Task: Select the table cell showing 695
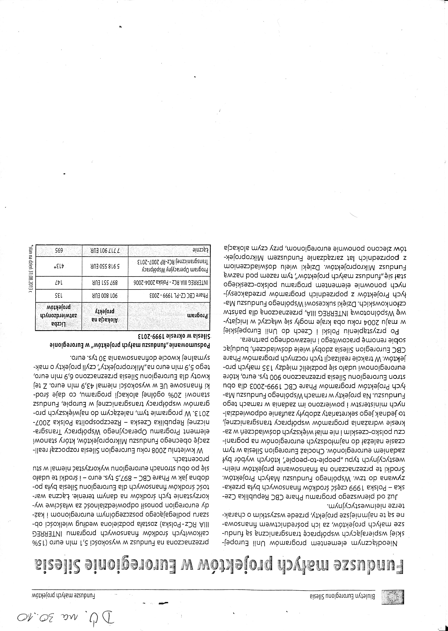pos(59,250)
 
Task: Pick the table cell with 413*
pos(59,267)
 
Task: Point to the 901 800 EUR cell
pos(105,295)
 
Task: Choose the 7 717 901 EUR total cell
pos(105,250)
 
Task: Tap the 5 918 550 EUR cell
pos(105,267)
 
